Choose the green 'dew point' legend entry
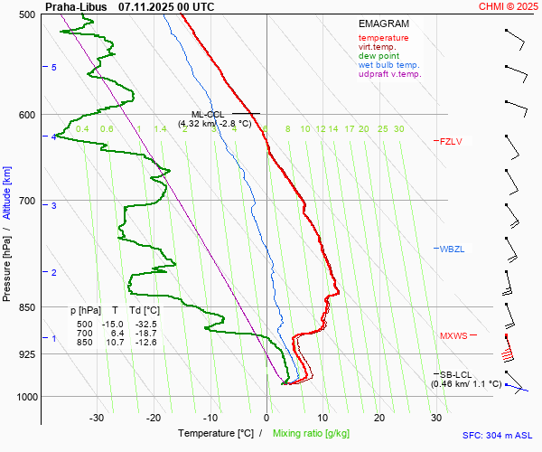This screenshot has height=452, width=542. pos(378,56)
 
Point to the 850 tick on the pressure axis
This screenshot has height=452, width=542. pos(26,307)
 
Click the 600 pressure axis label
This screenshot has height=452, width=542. pos(26,114)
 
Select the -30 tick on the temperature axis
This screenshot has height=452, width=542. pos(97,418)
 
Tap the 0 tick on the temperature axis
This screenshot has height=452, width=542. pos(266,418)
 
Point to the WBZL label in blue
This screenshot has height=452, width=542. pos(451,249)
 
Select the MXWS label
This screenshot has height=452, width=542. pos(453,336)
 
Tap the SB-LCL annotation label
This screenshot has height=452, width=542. pos(456,374)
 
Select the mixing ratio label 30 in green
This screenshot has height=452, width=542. pos(398,129)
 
